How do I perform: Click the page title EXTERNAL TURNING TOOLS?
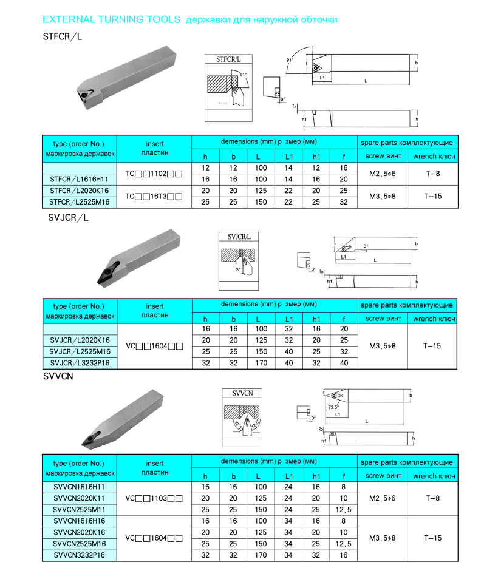(x=111, y=19)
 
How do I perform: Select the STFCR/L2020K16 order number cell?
(x=79, y=191)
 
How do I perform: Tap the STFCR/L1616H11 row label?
(x=79, y=179)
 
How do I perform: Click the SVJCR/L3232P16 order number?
(x=79, y=363)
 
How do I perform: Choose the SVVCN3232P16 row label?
(x=79, y=555)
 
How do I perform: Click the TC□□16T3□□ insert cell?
(x=154, y=197)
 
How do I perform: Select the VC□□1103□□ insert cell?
(x=154, y=498)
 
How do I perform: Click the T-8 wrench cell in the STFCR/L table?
(x=432, y=173)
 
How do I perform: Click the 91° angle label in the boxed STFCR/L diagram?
(x=244, y=74)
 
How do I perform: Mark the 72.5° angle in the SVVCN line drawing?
(x=333, y=408)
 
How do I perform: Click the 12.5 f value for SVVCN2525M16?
(x=344, y=544)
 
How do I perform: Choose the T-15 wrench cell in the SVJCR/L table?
(x=432, y=346)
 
